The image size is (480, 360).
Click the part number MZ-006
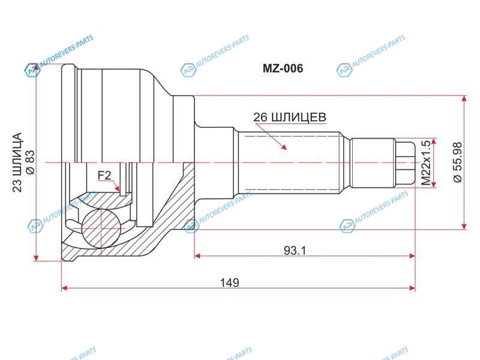(x=283, y=68)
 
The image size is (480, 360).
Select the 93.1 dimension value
(x=295, y=251)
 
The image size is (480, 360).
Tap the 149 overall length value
(x=230, y=283)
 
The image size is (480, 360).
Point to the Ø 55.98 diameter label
(x=458, y=162)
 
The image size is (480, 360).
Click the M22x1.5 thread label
(x=426, y=163)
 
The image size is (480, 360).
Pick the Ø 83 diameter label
(x=31, y=163)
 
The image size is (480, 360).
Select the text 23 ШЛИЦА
(x=17, y=162)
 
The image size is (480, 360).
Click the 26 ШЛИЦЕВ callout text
(x=290, y=117)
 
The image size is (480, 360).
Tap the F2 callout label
(x=104, y=175)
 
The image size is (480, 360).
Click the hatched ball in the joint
(x=101, y=228)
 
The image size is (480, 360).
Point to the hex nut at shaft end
(x=404, y=162)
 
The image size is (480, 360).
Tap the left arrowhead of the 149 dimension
(x=65, y=288)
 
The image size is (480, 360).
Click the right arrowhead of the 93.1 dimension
(x=412, y=256)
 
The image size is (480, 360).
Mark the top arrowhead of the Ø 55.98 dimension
(x=464, y=99)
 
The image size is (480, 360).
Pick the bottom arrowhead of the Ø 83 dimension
(x=37, y=258)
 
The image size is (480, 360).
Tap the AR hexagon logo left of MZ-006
(x=188, y=70)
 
